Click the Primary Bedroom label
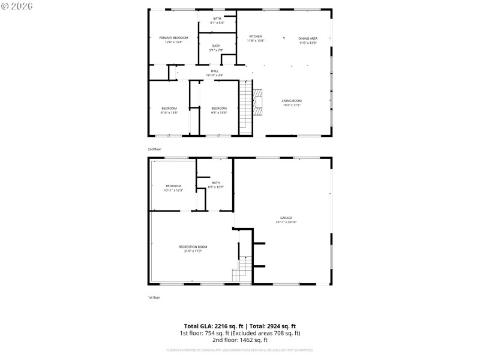pyautogui.click(x=173, y=38)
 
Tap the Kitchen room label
pyautogui.click(x=256, y=37)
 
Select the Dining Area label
pyautogui.click(x=308, y=38)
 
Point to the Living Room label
pyautogui.click(x=292, y=101)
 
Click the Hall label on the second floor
pyautogui.click(x=214, y=71)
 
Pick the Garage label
pyautogui.click(x=286, y=218)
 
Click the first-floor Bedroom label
pyautogui.click(x=173, y=186)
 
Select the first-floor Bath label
pyautogui.click(x=215, y=182)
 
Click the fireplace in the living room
pyautogui.click(x=258, y=102)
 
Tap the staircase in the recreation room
pyautogui.click(x=242, y=268)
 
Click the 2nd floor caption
pyautogui.click(x=154, y=149)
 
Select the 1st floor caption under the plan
pyautogui.click(x=154, y=298)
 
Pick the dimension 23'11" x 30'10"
pyautogui.click(x=286, y=222)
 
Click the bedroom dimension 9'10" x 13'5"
pyautogui.click(x=170, y=112)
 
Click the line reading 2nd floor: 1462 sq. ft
pyautogui.click(x=239, y=340)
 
